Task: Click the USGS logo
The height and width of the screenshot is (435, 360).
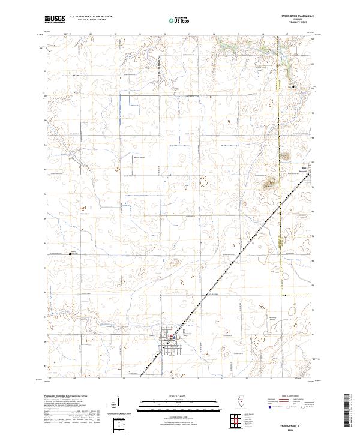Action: click(x=55, y=20)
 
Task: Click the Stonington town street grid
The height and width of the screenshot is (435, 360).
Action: click(x=169, y=340)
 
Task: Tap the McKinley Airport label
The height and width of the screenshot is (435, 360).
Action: click(x=274, y=318)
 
